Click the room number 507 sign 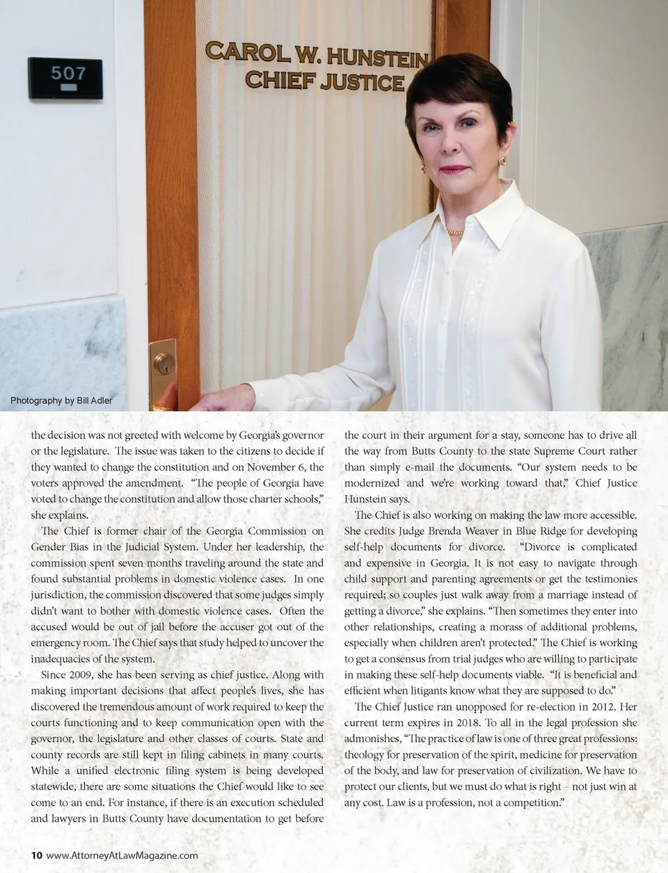pos(65,77)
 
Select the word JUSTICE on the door pos(363,82)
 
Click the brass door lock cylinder pos(164,362)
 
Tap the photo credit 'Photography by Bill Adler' pos(61,400)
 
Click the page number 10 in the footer pos(36,855)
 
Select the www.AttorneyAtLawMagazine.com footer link pos(122,855)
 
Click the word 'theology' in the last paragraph pos(366,754)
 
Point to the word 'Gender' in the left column pos(48,547)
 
